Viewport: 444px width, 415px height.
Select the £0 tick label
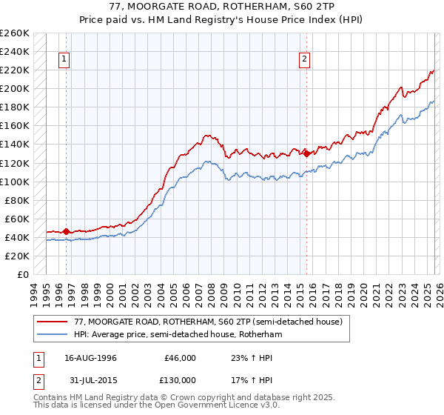click(23, 274)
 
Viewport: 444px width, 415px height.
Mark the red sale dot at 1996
click(66, 231)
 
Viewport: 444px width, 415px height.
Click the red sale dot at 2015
click(306, 153)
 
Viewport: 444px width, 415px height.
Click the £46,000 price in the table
click(181, 358)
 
